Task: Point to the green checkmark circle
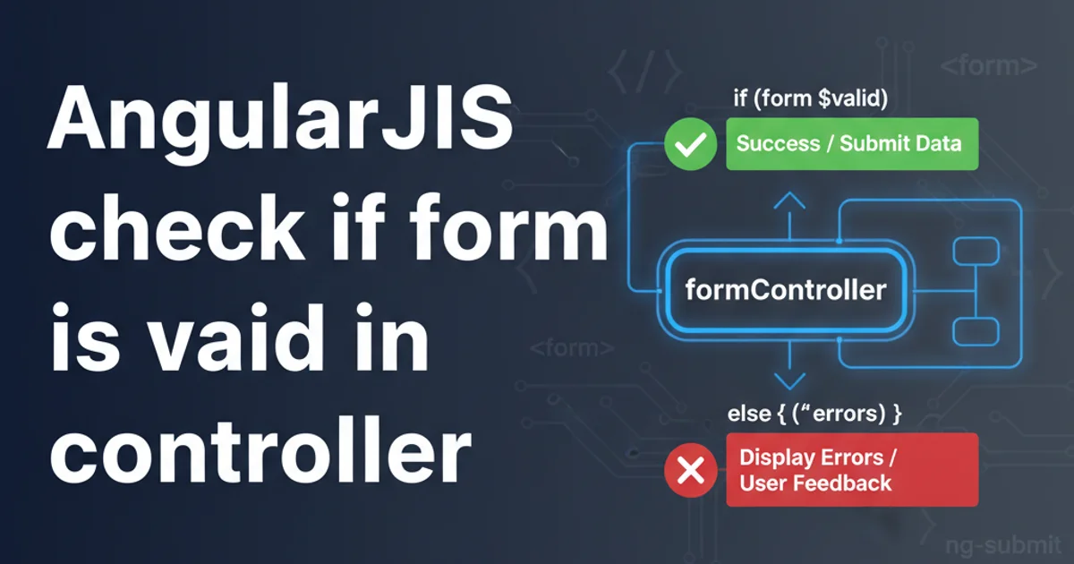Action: [691, 143]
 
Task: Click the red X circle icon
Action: [691, 469]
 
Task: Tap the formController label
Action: [785, 290]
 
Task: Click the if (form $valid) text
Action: [810, 98]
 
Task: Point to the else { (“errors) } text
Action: [815, 414]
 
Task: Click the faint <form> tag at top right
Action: [990, 64]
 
